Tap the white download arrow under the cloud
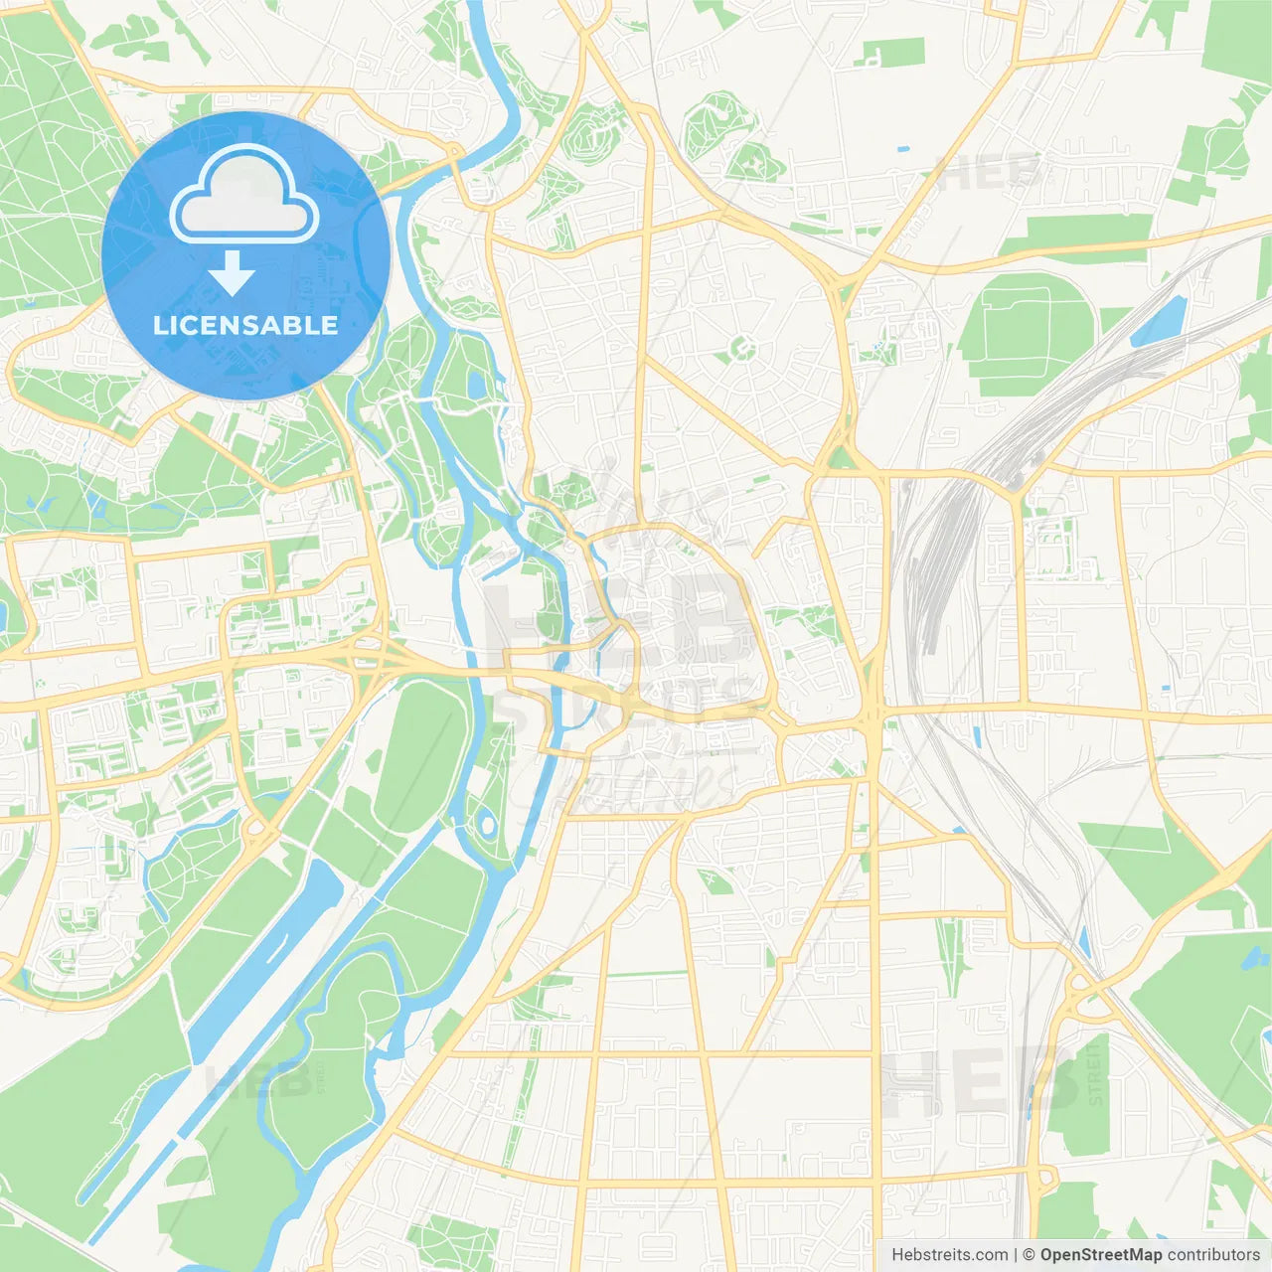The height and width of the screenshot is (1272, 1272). tap(233, 273)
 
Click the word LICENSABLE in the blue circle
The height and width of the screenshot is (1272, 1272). tap(245, 325)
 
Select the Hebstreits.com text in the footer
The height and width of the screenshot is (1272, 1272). tap(950, 1255)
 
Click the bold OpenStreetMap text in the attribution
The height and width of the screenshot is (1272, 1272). tap(1100, 1255)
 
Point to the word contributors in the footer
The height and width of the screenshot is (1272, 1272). tap(1213, 1255)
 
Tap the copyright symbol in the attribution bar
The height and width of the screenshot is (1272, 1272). tap(1029, 1255)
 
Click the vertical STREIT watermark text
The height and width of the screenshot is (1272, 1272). tap(1094, 1073)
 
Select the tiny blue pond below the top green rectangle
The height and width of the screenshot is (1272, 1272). tap(902, 149)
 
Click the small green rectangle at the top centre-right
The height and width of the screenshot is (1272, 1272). tap(890, 53)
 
